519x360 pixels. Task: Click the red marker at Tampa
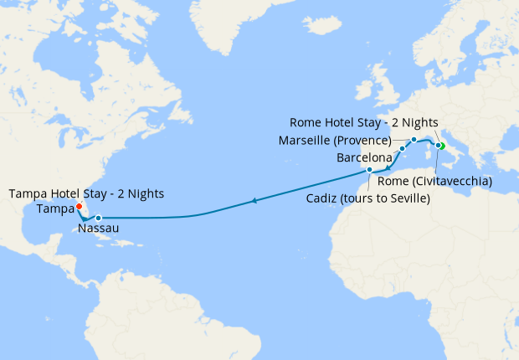(78, 207)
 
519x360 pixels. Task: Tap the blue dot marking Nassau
(98, 218)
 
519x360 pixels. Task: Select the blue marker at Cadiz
(369, 170)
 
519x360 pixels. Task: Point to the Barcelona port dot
(402, 149)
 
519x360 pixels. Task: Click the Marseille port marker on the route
(414, 139)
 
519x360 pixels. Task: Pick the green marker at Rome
(441, 147)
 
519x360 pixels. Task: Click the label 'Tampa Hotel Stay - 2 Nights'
(86, 193)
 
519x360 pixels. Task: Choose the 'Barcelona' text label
(365, 157)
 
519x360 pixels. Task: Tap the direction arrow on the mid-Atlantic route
(254, 201)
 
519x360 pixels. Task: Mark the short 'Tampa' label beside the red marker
(54, 208)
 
